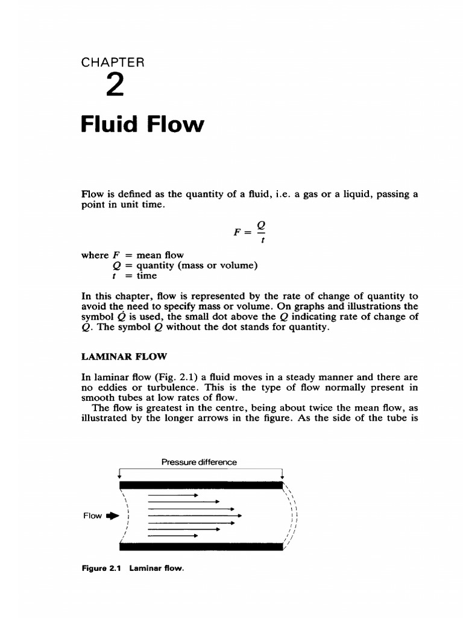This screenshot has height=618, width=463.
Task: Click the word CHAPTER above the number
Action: (112, 62)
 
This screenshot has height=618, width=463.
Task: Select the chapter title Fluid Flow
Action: (142, 125)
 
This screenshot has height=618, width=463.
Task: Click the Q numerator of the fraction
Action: (261, 225)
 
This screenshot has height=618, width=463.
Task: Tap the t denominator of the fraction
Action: (261, 239)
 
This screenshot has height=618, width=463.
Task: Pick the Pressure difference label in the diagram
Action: (199, 462)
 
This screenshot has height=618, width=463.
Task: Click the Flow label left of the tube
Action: (92, 516)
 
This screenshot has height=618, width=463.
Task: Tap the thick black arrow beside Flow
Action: (113, 516)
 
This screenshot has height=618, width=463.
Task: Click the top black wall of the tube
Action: (201, 485)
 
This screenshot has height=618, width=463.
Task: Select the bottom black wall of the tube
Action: (201, 547)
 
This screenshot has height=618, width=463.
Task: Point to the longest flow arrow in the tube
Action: (195, 515)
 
